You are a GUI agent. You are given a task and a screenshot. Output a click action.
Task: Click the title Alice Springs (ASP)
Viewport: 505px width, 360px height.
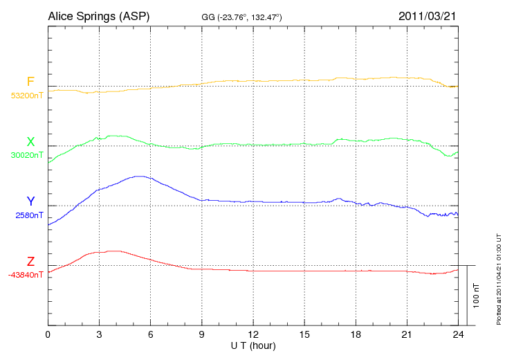point(98,16)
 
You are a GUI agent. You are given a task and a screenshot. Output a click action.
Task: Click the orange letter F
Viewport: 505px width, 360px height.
point(30,82)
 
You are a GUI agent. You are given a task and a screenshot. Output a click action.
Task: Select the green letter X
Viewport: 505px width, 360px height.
point(30,142)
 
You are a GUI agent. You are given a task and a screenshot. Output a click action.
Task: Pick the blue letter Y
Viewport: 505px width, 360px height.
point(30,201)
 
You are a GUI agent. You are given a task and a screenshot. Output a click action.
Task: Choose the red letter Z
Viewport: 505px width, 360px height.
point(30,262)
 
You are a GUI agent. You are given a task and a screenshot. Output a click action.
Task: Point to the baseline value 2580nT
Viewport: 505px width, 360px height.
point(28,215)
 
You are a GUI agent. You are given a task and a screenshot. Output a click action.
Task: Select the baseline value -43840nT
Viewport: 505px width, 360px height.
point(26,275)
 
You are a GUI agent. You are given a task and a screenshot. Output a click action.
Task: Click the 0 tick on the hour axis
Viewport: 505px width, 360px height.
point(48,335)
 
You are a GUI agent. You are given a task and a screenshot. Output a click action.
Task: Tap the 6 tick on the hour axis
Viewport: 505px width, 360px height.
point(151,335)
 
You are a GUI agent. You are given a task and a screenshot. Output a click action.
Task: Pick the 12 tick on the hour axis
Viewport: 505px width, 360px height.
point(253,335)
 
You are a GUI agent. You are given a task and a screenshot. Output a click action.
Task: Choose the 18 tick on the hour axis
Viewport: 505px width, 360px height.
point(356,335)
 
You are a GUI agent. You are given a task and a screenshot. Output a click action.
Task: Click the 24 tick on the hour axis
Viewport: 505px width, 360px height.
point(458,335)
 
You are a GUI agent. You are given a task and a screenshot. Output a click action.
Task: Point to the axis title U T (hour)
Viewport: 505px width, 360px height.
point(253,345)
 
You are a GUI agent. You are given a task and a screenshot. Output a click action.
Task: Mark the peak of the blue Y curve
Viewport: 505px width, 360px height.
point(140,176)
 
